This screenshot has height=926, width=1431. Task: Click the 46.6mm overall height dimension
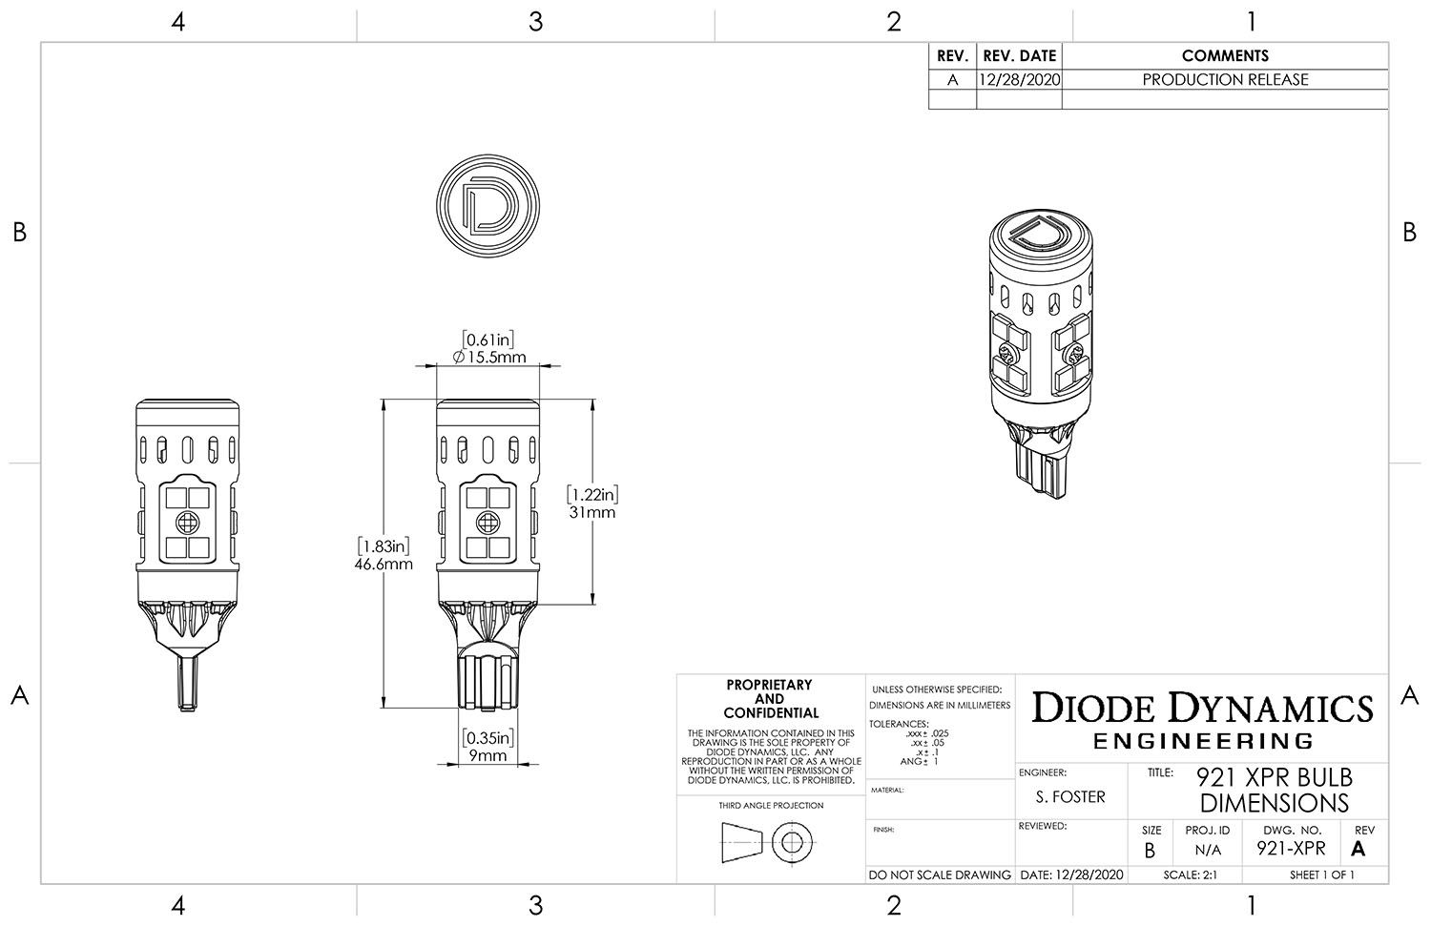click(386, 564)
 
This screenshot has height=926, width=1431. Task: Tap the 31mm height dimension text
click(592, 512)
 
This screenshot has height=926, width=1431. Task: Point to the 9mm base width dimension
click(487, 755)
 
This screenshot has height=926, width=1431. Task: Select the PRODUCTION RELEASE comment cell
click(1225, 80)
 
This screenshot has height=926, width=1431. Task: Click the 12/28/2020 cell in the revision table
click(1019, 80)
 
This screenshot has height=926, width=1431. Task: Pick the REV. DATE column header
click(1019, 56)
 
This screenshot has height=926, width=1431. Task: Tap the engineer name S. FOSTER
click(1070, 797)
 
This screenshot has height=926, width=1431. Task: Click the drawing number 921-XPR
click(1291, 848)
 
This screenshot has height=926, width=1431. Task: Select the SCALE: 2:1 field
click(1189, 875)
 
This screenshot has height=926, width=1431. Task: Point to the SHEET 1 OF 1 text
click(1321, 875)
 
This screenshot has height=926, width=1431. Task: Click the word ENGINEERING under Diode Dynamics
click(1203, 741)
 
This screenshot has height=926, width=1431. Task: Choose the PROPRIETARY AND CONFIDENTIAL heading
click(770, 699)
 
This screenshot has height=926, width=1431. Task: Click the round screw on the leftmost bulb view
click(187, 522)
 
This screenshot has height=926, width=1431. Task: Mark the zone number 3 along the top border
click(535, 21)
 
